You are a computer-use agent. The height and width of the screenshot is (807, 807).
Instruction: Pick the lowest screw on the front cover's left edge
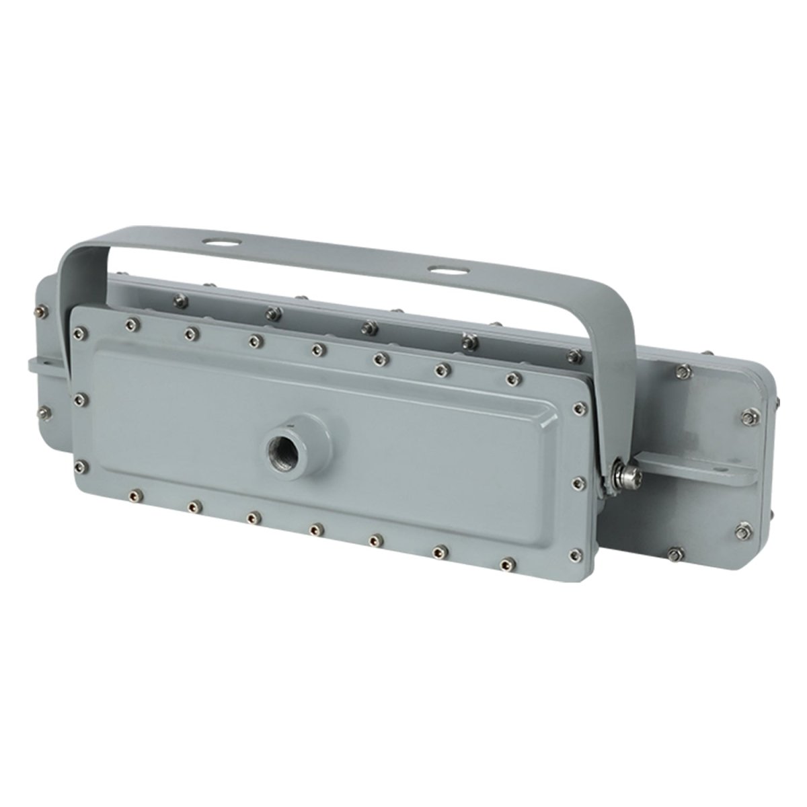(81, 465)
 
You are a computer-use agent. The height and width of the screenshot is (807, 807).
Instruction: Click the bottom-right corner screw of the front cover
(575, 554)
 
